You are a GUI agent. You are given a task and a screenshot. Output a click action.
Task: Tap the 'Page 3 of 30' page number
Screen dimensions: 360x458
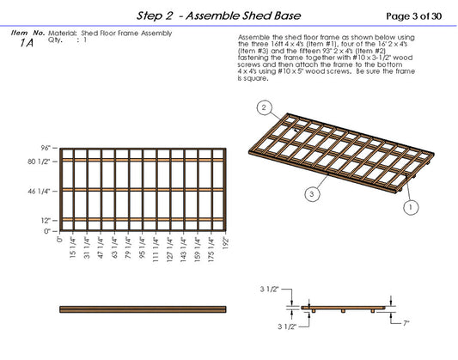(x=414, y=15)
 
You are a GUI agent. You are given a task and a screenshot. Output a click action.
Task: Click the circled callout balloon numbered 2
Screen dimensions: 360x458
(x=266, y=108)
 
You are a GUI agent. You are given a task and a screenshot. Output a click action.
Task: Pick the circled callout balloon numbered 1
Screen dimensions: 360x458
(x=412, y=207)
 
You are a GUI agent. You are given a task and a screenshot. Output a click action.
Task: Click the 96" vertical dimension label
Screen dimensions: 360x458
(x=48, y=148)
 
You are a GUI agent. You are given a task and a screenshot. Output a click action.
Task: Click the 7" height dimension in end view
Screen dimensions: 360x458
(x=404, y=323)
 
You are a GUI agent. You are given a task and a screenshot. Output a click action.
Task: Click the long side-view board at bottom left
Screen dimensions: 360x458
(x=143, y=308)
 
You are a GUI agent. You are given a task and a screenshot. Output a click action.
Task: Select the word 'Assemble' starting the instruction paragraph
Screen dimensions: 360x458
(x=251, y=39)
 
